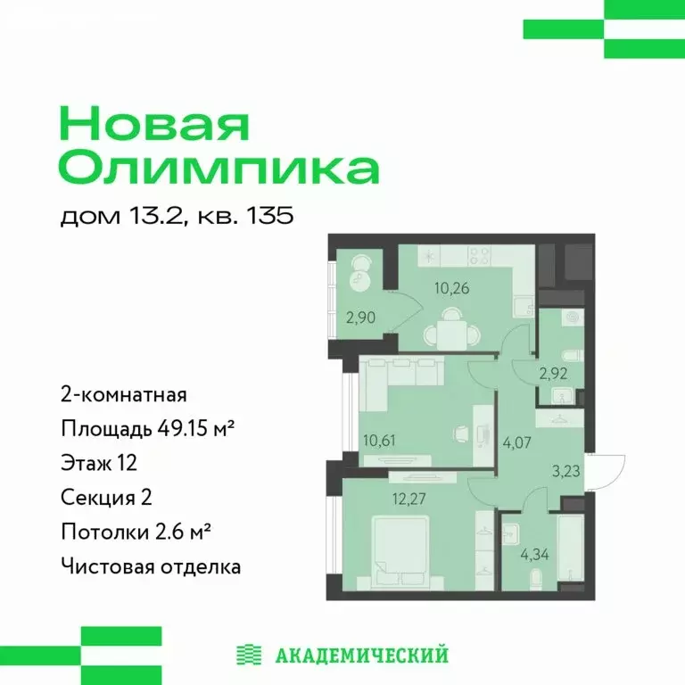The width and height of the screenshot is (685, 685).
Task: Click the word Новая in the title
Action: [153, 123]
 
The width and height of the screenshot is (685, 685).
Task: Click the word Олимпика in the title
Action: [219, 168]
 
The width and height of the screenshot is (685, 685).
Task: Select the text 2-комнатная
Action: [123, 395]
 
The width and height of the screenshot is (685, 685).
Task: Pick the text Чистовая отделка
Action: [151, 565]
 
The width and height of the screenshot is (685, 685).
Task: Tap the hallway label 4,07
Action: [516, 439]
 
